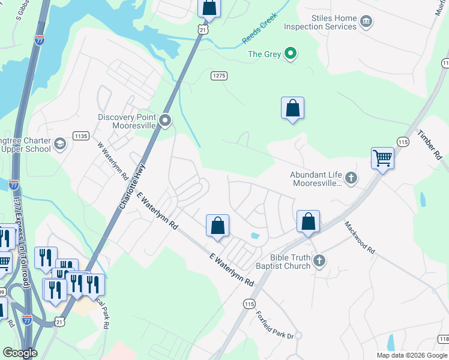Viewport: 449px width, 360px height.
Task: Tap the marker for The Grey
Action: coord(291,54)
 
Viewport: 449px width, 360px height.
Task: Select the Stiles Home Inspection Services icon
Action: coord(365,23)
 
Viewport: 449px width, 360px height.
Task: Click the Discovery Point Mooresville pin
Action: coord(165,122)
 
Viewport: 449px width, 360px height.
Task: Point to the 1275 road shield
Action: coord(219,76)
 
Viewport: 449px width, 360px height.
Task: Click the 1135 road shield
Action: coord(81,136)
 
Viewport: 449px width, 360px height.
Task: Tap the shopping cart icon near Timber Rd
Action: coord(382,158)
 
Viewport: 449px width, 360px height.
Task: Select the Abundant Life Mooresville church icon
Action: coord(351,178)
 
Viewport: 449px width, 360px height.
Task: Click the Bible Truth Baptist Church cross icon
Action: coord(320,260)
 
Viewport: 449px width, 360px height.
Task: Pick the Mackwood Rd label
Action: coord(360,237)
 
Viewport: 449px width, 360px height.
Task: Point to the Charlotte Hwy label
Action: coord(131,186)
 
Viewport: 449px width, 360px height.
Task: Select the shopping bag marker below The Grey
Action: coord(292,109)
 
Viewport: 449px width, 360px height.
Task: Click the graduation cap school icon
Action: coord(59,144)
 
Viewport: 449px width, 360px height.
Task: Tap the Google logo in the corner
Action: coord(20,353)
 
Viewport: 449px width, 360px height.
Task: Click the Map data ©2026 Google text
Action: coord(412,355)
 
